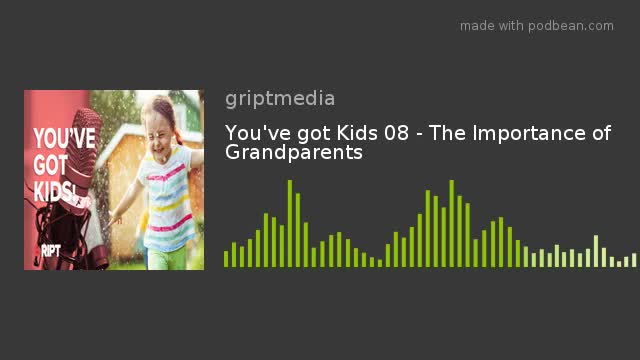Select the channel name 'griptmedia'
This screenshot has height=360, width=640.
280,98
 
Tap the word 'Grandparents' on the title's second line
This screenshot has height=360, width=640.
293,153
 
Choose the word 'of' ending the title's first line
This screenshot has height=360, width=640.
600,133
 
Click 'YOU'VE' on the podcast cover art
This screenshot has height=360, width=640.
64,138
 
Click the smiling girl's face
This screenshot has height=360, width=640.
161,120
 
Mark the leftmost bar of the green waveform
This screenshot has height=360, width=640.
226,258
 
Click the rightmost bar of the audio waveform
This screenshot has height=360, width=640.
634,260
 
